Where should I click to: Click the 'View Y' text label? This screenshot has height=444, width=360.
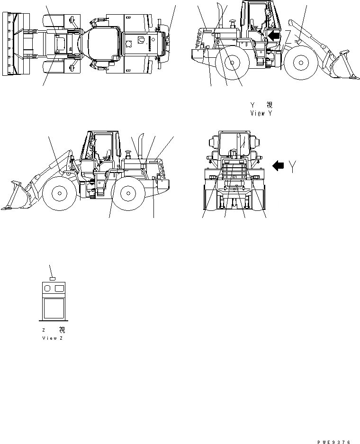click(x=261, y=114)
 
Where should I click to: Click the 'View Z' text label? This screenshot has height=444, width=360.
click(x=53, y=338)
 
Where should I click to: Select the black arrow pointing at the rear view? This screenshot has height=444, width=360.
click(x=278, y=165)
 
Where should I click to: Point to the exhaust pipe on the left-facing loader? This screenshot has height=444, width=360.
click(x=141, y=145)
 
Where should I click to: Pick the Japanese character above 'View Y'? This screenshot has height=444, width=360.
click(x=270, y=105)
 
